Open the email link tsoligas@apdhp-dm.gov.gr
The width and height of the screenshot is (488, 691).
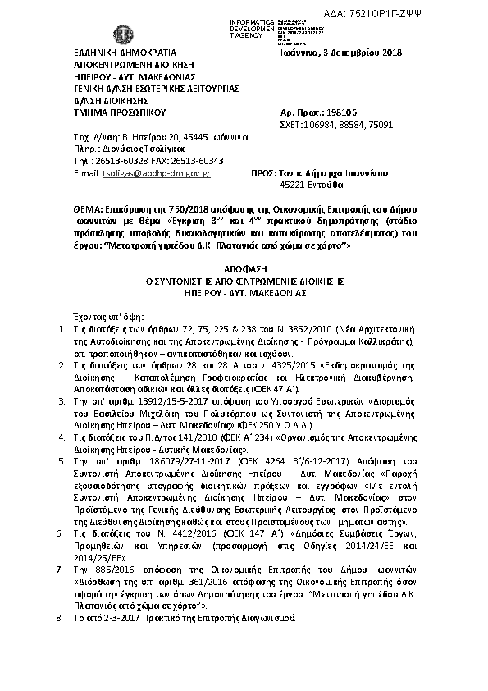pos(156,174)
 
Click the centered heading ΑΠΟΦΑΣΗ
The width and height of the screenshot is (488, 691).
pos(244,268)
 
